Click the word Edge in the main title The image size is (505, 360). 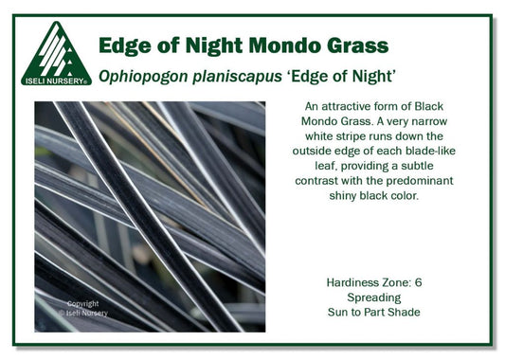click(125, 45)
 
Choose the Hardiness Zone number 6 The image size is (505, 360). click(421, 282)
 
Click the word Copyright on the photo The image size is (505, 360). click(82, 304)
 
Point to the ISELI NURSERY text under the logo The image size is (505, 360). click(56, 81)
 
